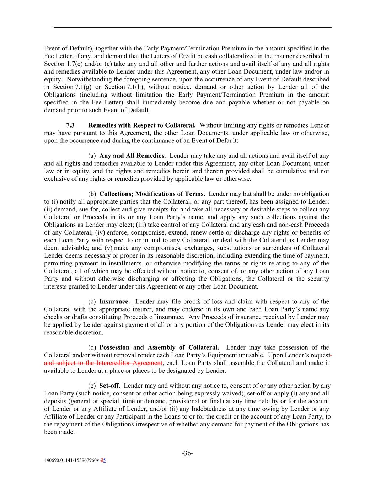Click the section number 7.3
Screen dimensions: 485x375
(x=70, y=125)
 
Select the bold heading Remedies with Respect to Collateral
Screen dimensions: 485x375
(x=142, y=125)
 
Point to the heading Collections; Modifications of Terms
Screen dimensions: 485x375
(x=152, y=194)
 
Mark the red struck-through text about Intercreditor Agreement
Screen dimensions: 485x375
(x=103, y=363)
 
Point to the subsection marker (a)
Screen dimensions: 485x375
(x=92, y=156)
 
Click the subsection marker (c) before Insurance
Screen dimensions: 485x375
(x=92, y=302)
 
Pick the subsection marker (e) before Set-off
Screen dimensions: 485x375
(x=92, y=386)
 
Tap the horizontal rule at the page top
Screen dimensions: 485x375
(x=192, y=27)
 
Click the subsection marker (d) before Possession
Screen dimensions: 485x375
(x=92, y=347)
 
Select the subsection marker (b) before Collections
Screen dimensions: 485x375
(x=92, y=194)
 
